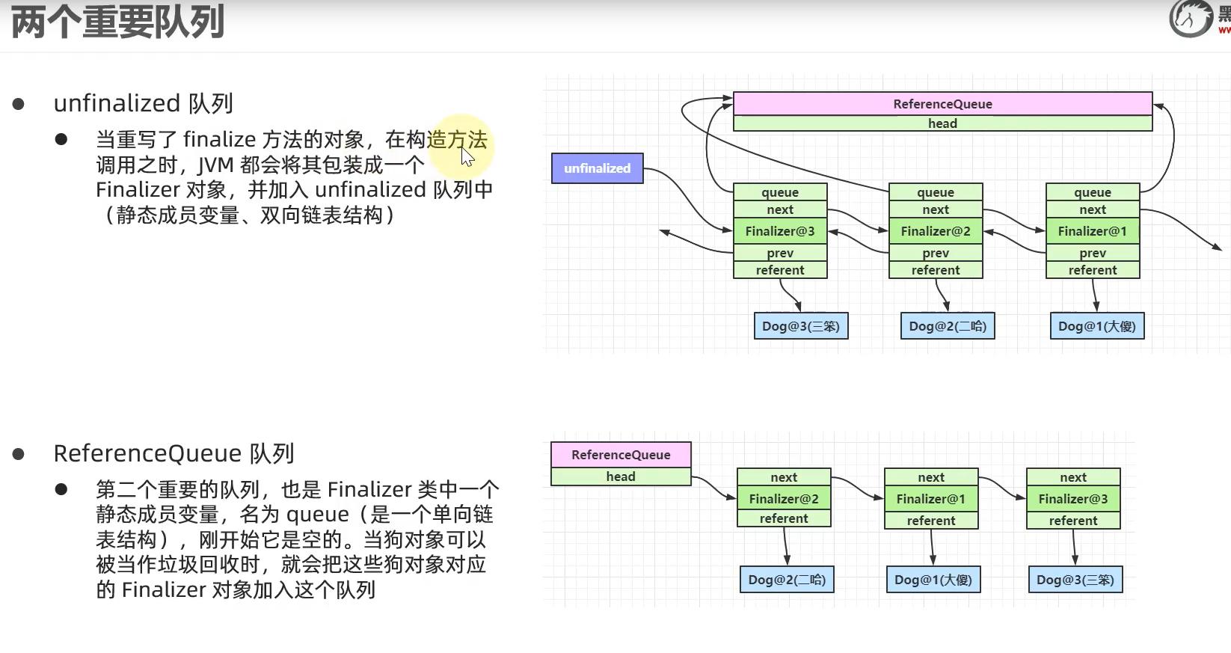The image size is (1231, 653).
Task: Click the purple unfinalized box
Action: click(597, 168)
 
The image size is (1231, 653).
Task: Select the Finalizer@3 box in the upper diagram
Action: click(780, 231)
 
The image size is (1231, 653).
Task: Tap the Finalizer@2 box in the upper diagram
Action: click(936, 231)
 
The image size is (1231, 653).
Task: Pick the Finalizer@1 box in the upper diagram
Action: click(1092, 231)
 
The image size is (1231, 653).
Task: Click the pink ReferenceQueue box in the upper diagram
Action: click(942, 104)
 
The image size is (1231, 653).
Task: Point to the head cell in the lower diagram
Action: click(621, 476)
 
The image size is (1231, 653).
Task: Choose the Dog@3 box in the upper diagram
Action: click(800, 326)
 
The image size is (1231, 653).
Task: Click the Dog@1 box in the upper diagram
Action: click(1096, 326)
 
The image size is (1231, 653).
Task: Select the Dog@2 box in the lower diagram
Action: click(787, 580)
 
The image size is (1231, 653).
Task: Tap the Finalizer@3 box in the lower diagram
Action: click(1073, 499)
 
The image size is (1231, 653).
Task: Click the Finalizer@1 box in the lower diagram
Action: click(931, 499)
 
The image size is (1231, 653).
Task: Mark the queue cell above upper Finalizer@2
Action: click(936, 192)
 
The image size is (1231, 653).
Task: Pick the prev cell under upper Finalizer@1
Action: click(1092, 253)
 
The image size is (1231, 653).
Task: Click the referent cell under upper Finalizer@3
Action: click(780, 270)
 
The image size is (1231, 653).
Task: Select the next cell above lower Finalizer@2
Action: click(784, 477)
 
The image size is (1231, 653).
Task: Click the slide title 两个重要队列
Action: click(117, 22)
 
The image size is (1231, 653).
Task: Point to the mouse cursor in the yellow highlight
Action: click(467, 156)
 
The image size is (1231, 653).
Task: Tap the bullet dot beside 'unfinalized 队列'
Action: click(19, 104)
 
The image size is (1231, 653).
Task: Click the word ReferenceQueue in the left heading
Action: click(147, 453)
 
